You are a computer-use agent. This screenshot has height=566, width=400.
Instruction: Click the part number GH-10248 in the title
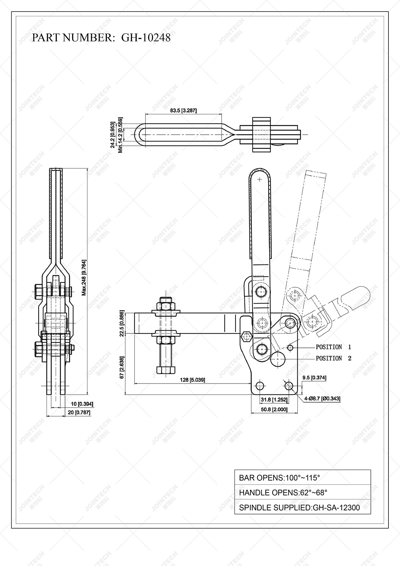click(146, 38)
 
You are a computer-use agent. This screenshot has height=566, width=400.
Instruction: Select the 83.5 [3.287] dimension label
click(183, 111)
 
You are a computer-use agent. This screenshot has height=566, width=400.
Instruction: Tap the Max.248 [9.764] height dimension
click(84, 278)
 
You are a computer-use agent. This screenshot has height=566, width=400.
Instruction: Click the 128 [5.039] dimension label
click(192, 380)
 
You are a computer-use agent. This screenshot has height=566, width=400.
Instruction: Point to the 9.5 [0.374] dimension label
click(315, 377)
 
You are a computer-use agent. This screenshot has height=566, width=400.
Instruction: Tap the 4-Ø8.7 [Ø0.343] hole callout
click(322, 399)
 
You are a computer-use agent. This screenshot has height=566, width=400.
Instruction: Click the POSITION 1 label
click(333, 347)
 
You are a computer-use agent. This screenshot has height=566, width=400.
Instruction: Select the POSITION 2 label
click(333, 358)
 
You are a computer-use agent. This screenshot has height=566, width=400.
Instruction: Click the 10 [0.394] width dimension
click(82, 404)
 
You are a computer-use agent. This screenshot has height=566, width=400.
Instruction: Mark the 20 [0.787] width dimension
click(82, 412)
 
